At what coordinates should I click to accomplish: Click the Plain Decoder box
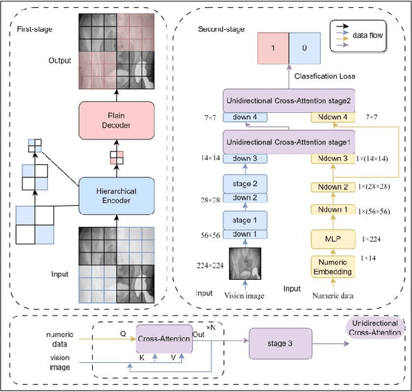117,119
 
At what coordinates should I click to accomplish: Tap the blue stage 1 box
244,221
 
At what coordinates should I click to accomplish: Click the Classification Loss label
321,76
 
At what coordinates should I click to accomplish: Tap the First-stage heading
34,29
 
